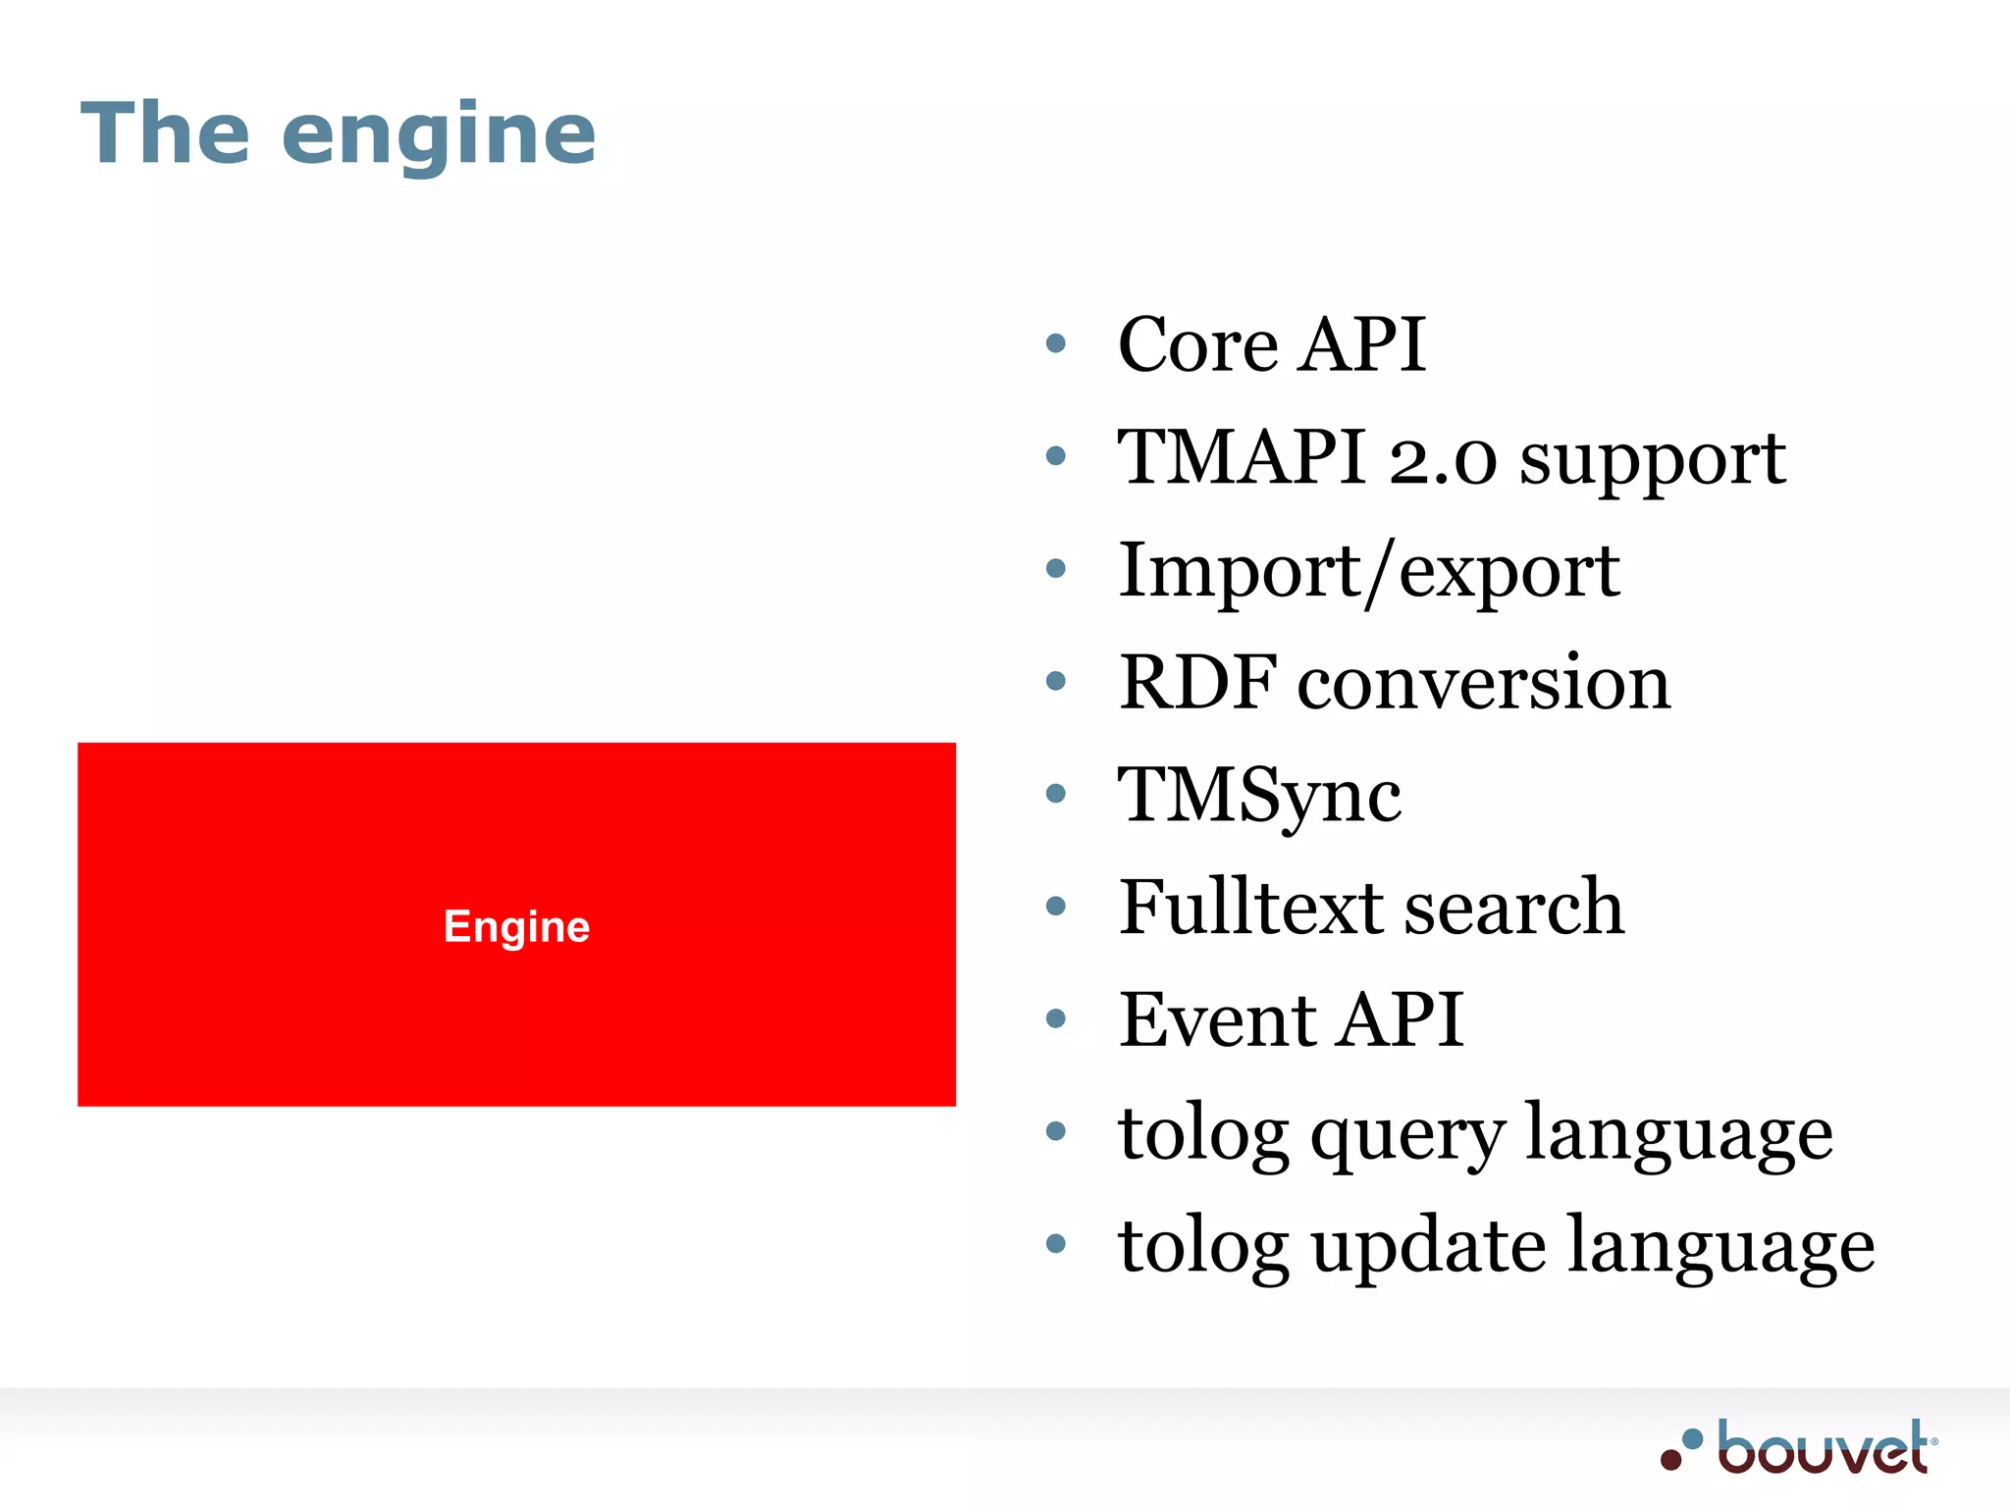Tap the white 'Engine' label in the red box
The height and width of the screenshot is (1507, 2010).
click(516, 926)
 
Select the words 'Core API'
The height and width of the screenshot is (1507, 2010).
click(1271, 344)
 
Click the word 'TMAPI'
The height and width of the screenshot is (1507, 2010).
click(1242, 457)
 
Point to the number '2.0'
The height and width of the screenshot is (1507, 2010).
click(1443, 459)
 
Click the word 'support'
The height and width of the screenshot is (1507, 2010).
click(1653, 461)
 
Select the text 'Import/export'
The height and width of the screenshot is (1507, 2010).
click(1368, 571)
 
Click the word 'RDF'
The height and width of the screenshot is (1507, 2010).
click(1198, 682)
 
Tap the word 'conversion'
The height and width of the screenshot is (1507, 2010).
click(1484, 684)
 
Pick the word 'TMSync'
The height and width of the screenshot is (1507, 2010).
click(1259, 796)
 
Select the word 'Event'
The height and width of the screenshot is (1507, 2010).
click(1218, 1019)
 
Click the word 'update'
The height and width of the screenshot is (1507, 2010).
click(1428, 1248)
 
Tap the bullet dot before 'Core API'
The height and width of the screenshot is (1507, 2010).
click(1056, 343)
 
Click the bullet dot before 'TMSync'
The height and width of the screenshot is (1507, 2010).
click(1056, 793)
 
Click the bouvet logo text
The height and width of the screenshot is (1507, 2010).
click(1824, 1449)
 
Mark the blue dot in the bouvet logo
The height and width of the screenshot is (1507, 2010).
click(1692, 1439)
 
